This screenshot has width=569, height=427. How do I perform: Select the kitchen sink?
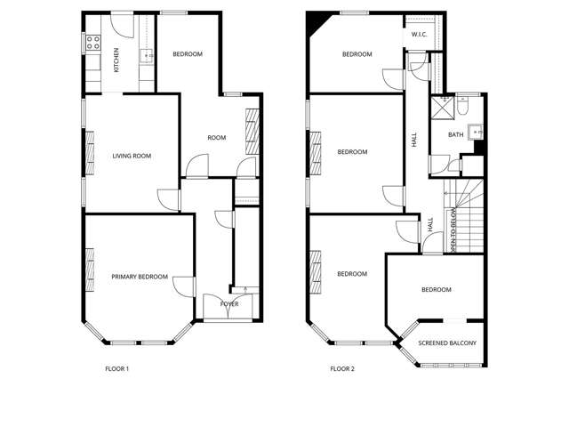click(x=147, y=56)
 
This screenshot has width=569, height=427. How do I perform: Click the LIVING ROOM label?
click(x=132, y=157)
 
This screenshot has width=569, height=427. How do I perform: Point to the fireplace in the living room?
click(x=89, y=152)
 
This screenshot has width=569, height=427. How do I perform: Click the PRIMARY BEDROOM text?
click(x=140, y=277)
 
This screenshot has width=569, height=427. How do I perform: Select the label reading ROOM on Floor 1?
click(x=216, y=138)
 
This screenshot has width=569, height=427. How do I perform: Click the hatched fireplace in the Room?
click(x=252, y=129)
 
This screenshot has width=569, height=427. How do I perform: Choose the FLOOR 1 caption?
click(x=117, y=368)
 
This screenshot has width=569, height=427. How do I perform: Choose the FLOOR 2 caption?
click(x=342, y=368)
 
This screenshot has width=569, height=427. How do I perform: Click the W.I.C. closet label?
click(x=421, y=35)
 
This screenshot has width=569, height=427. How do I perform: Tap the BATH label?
click(x=455, y=135)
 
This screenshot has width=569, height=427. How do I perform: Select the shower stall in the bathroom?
click(x=441, y=108)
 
